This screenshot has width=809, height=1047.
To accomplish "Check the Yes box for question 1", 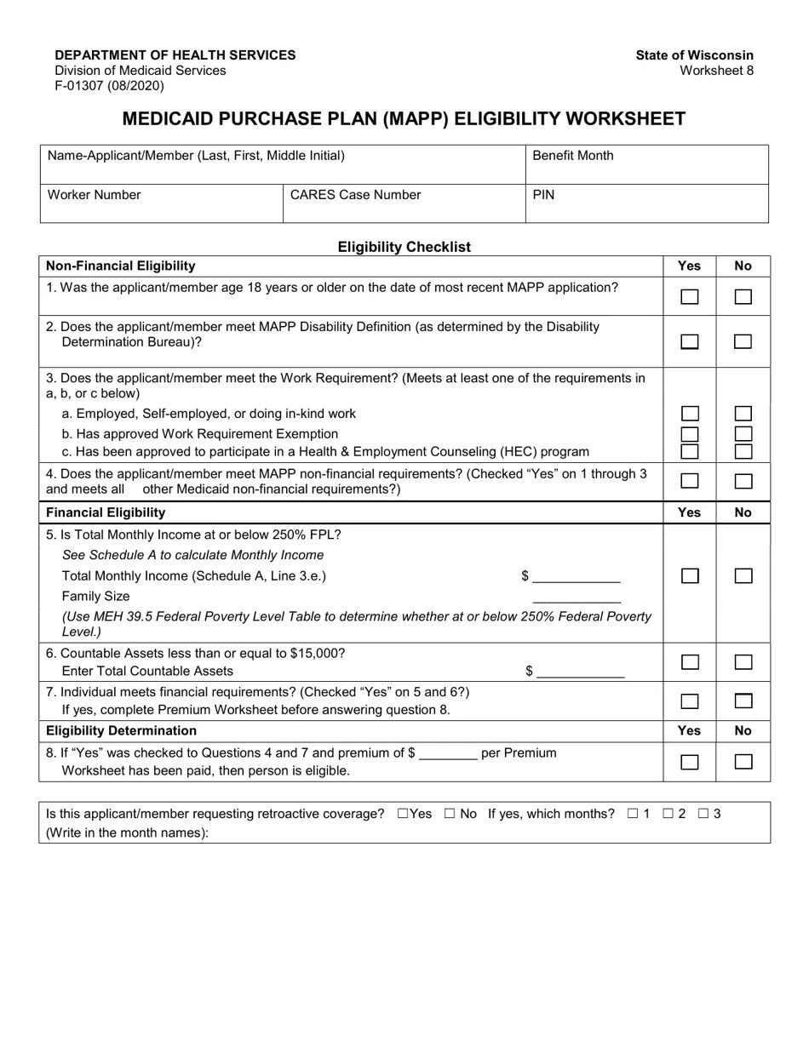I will pyautogui.click(x=690, y=297).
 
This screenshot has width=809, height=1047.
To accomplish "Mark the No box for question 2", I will pyautogui.click(x=743, y=341).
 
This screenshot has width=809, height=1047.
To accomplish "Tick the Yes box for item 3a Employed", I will pyautogui.click(x=690, y=414).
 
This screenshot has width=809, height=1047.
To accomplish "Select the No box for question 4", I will pyautogui.click(x=743, y=481).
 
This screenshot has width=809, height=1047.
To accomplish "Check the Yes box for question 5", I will pyautogui.click(x=690, y=576).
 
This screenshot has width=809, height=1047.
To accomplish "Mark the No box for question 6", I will pyautogui.click(x=743, y=662).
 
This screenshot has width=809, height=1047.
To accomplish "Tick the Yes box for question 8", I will pyautogui.click(x=690, y=762).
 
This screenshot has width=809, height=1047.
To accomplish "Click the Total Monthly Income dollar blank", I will pyautogui.click(x=577, y=576).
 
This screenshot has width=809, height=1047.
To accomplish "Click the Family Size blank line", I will pyautogui.click(x=577, y=597).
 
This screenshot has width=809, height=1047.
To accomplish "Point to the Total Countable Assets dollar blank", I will pyautogui.click(x=581, y=672).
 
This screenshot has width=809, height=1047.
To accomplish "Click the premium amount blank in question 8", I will pyautogui.click(x=448, y=753).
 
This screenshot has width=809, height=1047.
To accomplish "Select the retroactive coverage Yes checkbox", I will pyautogui.click(x=403, y=814).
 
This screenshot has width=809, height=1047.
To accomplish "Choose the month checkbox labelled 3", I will pyautogui.click(x=703, y=814).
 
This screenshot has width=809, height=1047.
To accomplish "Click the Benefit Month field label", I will pyautogui.click(x=572, y=156).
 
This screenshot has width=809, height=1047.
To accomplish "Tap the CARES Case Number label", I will pyautogui.click(x=355, y=195).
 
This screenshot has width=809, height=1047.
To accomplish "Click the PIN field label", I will pyautogui.click(x=543, y=195).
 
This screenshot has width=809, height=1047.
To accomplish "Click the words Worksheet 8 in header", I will pyautogui.click(x=716, y=71).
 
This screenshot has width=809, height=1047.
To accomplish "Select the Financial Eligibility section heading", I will pyautogui.click(x=106, y=512).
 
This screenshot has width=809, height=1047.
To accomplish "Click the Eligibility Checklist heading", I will pyautogui.click(x=404, y=247).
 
